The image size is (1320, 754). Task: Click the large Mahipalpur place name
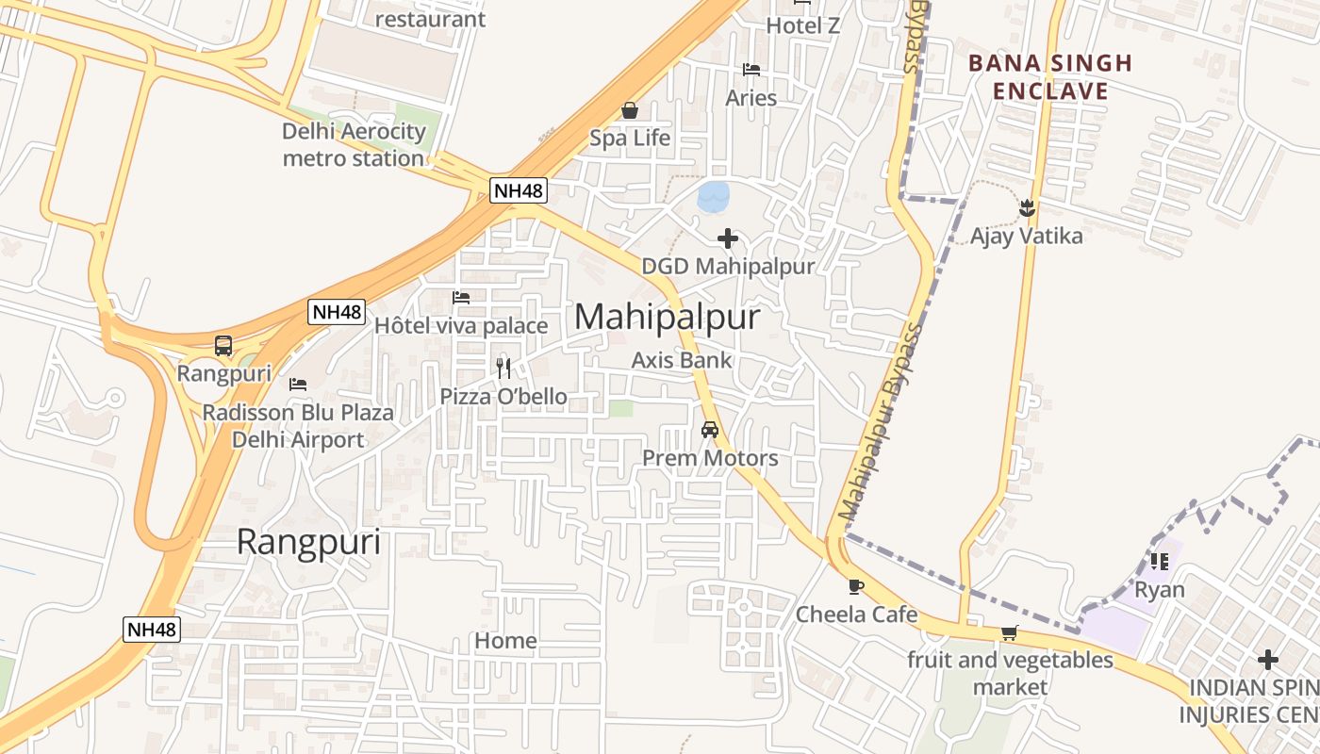point(667,317)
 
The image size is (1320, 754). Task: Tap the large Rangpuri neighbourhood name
point(308,542)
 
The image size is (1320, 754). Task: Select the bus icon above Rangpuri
point(223,346)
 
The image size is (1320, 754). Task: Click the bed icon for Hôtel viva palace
point(461,298)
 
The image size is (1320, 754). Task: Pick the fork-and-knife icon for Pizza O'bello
point(503,368)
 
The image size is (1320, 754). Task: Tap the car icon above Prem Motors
point(710,430)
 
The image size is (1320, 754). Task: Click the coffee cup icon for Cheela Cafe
point(856,586)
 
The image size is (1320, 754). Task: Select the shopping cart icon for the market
point(1010,632)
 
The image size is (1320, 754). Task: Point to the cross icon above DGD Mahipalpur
point(728,238)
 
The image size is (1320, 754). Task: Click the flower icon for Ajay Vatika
point(1027,207)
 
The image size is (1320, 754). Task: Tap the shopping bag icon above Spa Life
point(630,110)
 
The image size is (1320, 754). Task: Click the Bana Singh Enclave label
point(1050,77)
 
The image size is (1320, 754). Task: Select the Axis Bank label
point(682,359)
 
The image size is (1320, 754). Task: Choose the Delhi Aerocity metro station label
point(354,144)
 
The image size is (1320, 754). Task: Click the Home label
point(505,641)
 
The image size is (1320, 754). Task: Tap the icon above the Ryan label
point(1160,562)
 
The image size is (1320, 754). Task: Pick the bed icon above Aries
point(751,70)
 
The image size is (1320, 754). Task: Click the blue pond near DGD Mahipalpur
point(713,196)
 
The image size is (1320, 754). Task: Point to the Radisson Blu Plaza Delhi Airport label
point(298,426)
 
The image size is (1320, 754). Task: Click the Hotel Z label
point(802,25)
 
